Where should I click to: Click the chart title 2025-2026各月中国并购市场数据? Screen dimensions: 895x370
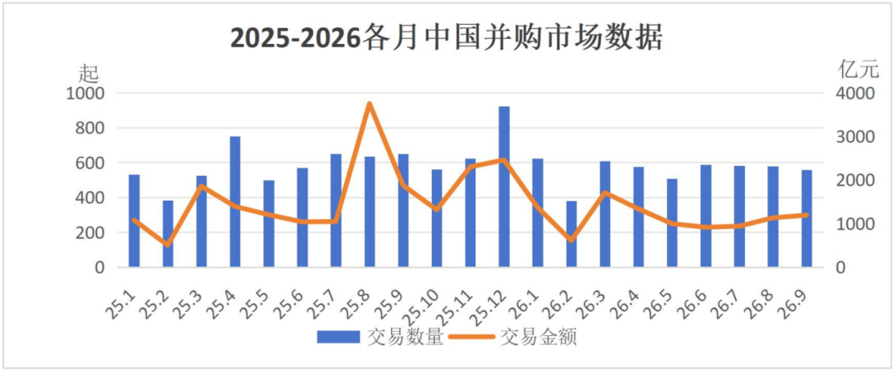tap(447, 38)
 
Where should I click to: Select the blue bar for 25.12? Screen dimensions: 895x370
tap(504, 187)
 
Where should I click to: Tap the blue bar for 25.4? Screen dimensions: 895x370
tap(235, 202)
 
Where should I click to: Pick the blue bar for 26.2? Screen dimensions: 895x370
tap(571, 234)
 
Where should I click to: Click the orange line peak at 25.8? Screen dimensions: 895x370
tap(370, 104)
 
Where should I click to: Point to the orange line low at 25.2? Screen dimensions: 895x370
tap(167, 245)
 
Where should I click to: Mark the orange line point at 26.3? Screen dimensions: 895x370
tap(605, 192)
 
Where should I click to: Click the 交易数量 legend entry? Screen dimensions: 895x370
tap(380, 338)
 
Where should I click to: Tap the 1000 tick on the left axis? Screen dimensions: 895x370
tap(85, 93)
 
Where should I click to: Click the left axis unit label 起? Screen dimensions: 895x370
tap(89, 72)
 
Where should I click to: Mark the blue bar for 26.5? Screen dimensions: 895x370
tap(672, 223)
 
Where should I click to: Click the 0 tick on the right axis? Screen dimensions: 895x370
tap(841, 268)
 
